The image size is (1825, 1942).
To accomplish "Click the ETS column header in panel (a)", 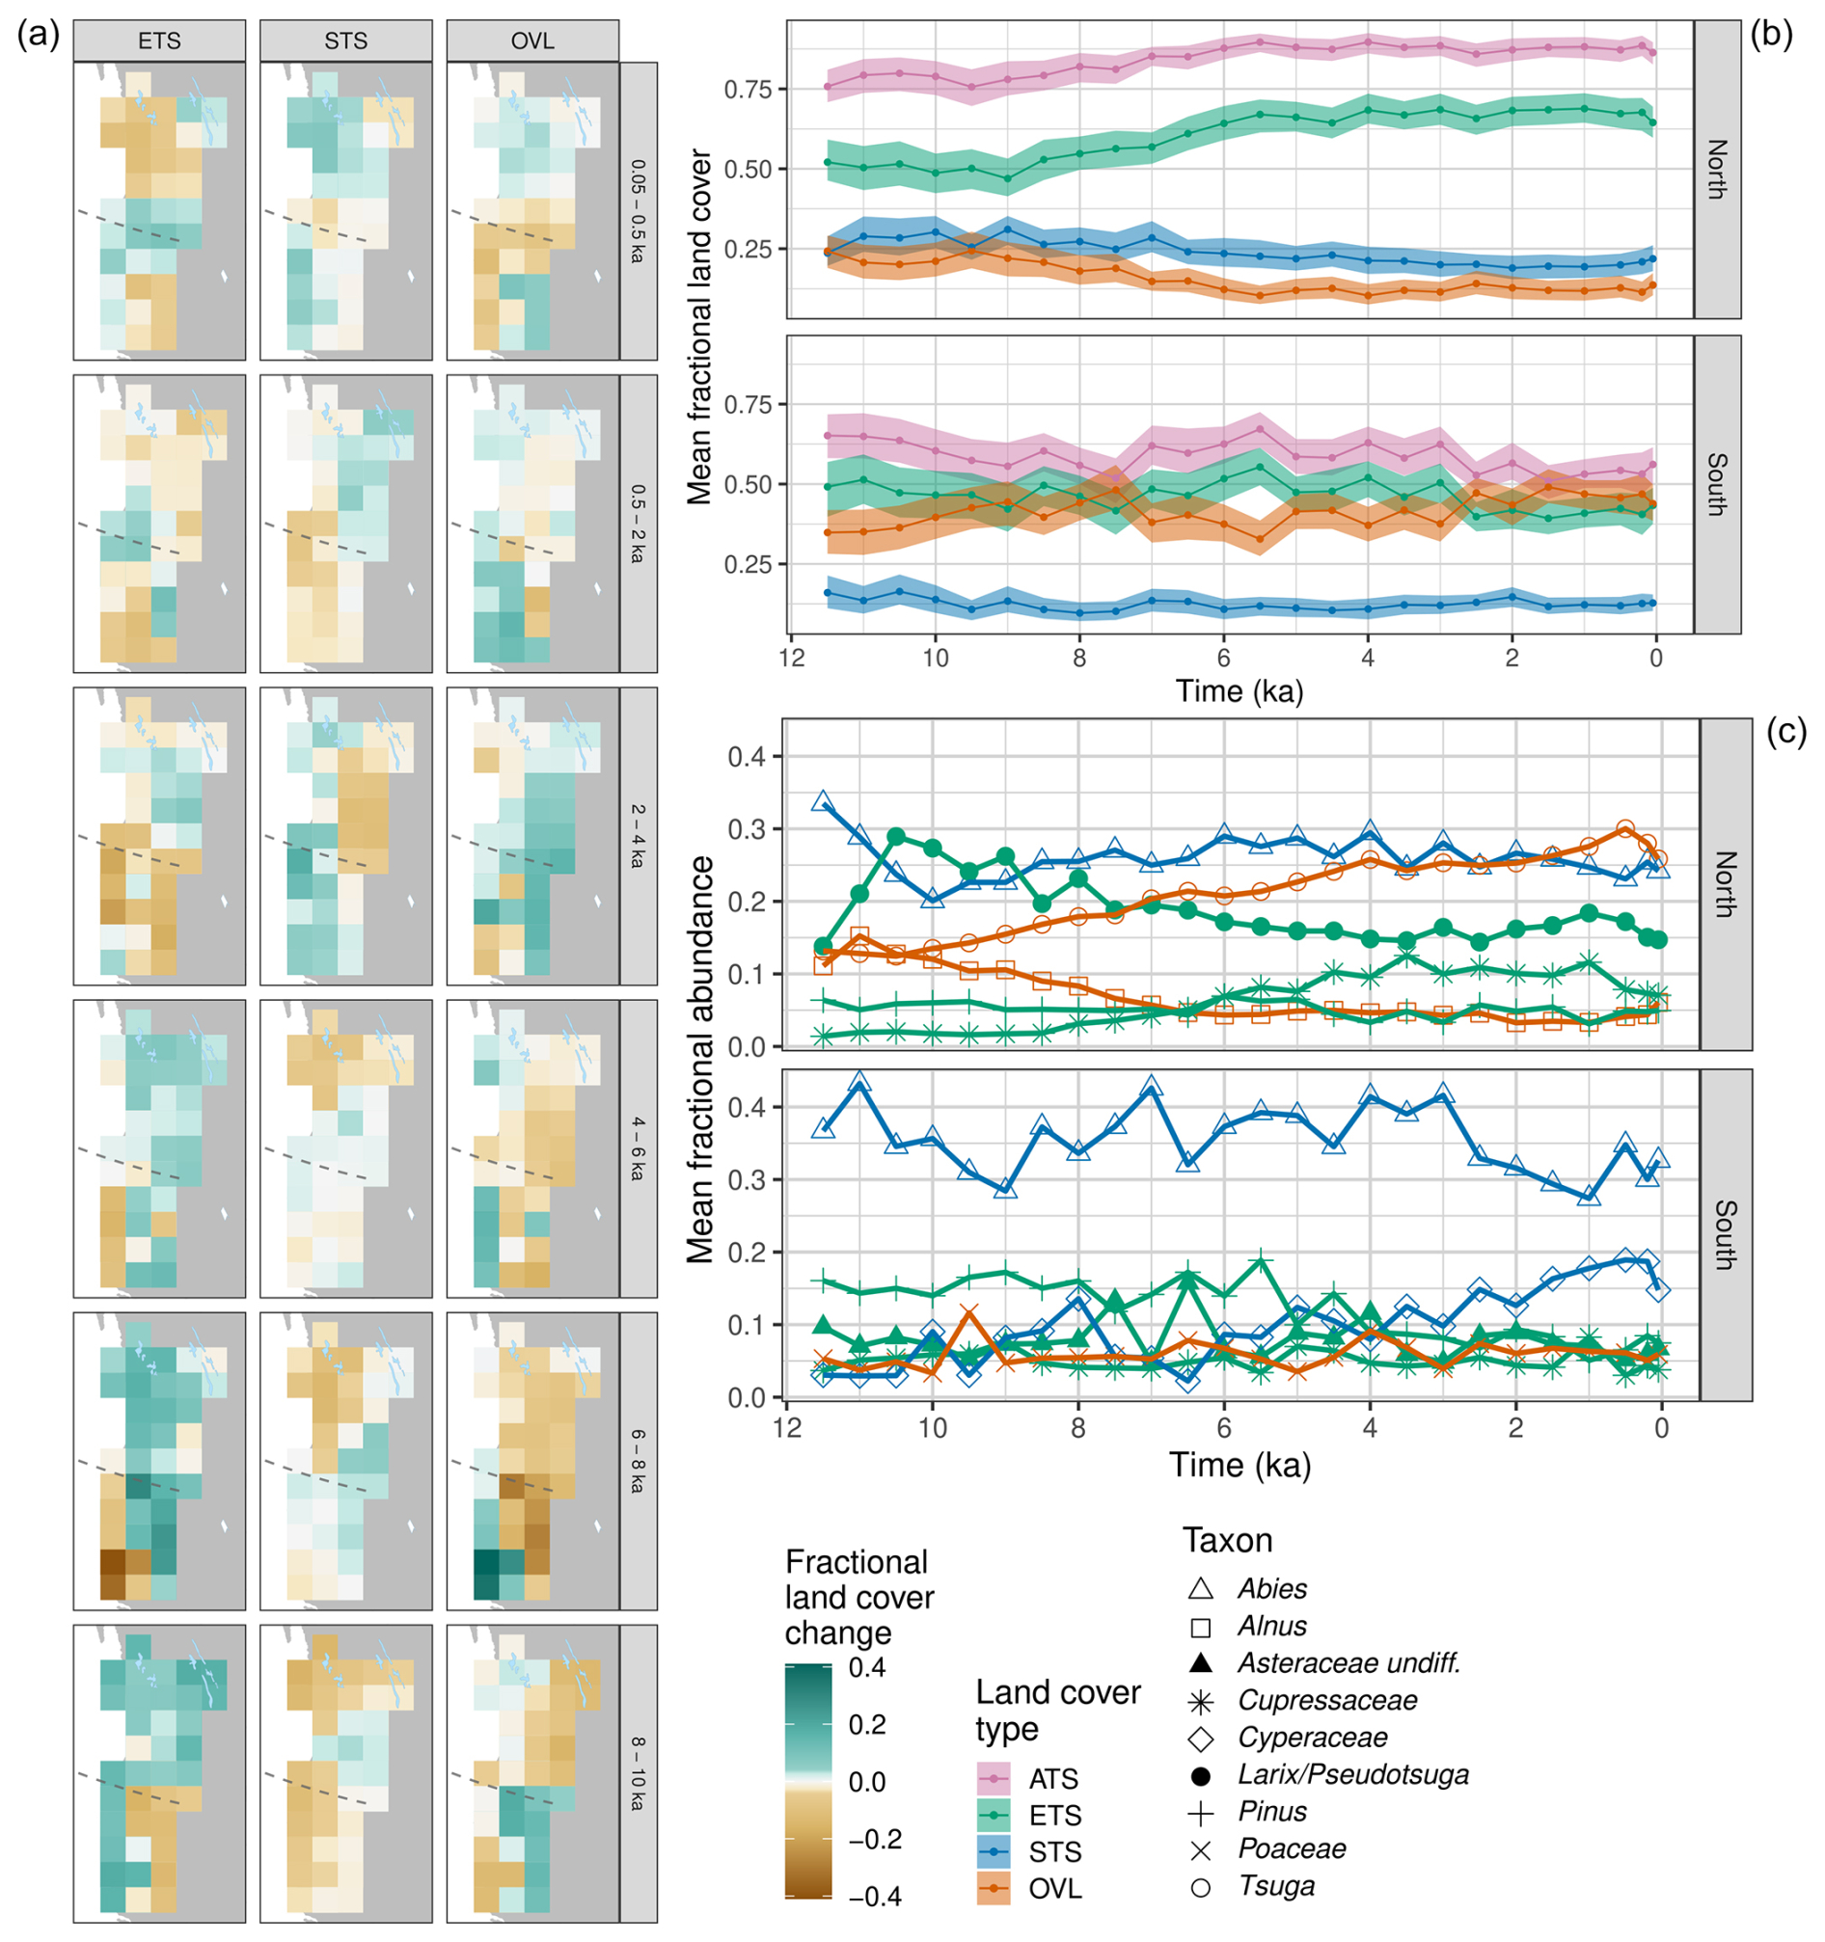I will tap(159, 41).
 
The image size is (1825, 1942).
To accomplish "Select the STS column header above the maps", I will tap(346, 41).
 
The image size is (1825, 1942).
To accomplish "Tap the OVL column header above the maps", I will tap(532, 41).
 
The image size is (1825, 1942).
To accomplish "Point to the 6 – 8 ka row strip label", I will tap(638, 1462).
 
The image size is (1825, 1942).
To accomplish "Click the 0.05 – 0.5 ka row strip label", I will tap(638, 211).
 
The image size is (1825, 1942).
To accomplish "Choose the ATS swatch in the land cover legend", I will tap(994, 1779).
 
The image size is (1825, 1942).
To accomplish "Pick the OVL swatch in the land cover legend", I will tap(994, 1889).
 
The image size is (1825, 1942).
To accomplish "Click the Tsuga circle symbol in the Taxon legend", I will tap(1201, 1887).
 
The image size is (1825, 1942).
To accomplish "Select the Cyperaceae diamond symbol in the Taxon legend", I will tap(1201, 1739).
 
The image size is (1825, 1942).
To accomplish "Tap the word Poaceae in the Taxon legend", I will tap(1292, 1849).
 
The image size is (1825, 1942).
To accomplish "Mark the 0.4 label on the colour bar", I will tap(867, 1667).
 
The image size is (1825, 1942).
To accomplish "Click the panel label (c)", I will tap(1785, 732).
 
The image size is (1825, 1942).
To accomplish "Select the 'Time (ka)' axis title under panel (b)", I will tap(1239, 690).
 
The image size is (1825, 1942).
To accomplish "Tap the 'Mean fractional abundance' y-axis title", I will tap(699, 1060).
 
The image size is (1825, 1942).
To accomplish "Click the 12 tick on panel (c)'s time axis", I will tap(786, 1428).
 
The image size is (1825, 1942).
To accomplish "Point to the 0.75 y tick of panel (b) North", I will tap(748, 90).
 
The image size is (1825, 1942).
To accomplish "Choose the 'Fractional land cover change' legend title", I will tap(858, 1597).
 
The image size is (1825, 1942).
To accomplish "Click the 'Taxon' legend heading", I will tap(1227, 1542).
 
